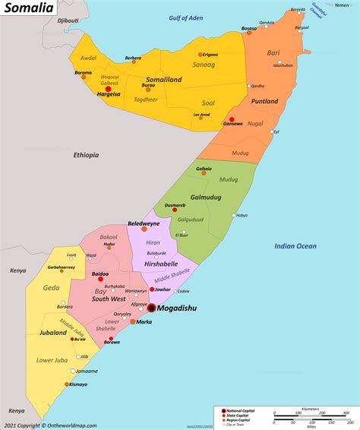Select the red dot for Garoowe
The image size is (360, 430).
coord(231,120)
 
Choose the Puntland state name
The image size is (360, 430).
coord(265,100)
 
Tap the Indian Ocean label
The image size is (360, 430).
coord(295,245)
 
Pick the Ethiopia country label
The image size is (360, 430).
coord(86,155)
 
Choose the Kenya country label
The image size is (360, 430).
coord(17,270)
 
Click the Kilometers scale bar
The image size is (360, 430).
coord(311,416)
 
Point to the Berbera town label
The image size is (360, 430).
coord(133,58)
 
